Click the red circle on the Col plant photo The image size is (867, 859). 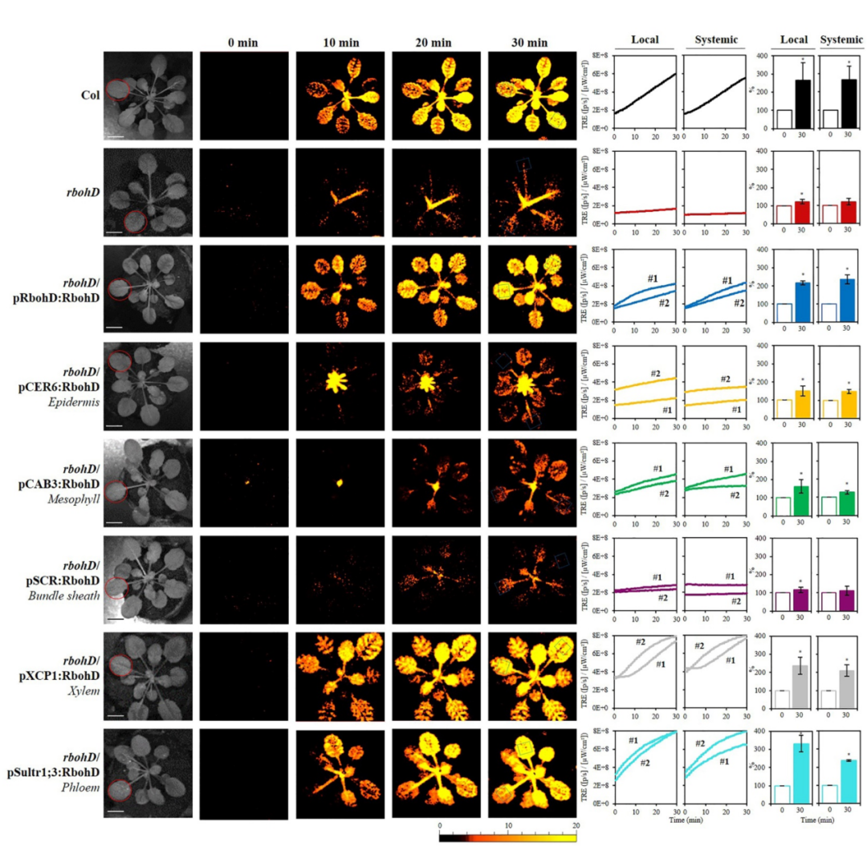click(x=118, y=88)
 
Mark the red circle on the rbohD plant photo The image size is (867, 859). click(x=128, y=220)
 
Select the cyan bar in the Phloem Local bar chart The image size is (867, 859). click(x=800, y=772)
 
